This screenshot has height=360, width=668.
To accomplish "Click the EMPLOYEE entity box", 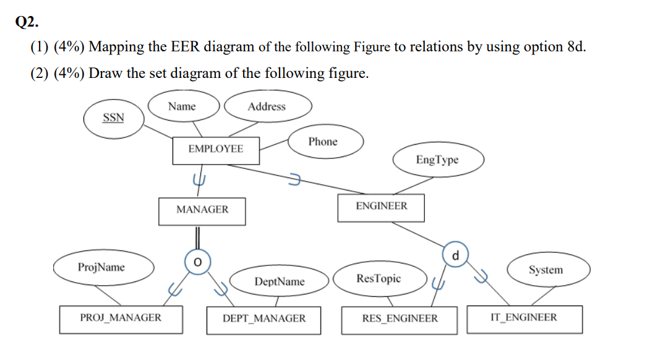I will (x=216, y=150).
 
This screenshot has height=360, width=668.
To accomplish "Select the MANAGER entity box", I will (x=202, y=210).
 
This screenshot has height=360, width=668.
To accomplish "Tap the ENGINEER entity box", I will (x=381, y=207).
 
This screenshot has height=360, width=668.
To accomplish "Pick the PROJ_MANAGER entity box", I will (x=121, y=319).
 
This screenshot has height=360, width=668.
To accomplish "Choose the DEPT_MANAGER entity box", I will (x=263, y=319).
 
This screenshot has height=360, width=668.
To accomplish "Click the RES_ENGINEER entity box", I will (x=400, y=319).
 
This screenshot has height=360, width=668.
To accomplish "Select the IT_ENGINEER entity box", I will (x=523, y=319).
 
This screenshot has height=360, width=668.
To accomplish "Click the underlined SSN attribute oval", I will (x=113, y=118).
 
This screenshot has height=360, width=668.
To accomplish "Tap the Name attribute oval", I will (x=182, y=106).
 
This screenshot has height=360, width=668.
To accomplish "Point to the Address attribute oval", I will (x=267, y=106).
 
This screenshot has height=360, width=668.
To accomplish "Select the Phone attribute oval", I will (x=323, y=142).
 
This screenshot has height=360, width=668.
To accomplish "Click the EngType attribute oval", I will (x=437, y=160).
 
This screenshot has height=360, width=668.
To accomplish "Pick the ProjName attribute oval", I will (x=101, y=267).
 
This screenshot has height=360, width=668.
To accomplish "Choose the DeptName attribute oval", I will (x=280, y=281).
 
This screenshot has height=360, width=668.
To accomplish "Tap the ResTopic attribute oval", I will (x=379, y=278).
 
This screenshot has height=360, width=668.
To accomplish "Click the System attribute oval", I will (x=546, y=270).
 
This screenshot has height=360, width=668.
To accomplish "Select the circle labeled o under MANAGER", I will (x=197, y=262).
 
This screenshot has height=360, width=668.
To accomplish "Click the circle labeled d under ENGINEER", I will (x=456, y=255).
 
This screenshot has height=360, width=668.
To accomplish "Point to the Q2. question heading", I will (x=27, y=22).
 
